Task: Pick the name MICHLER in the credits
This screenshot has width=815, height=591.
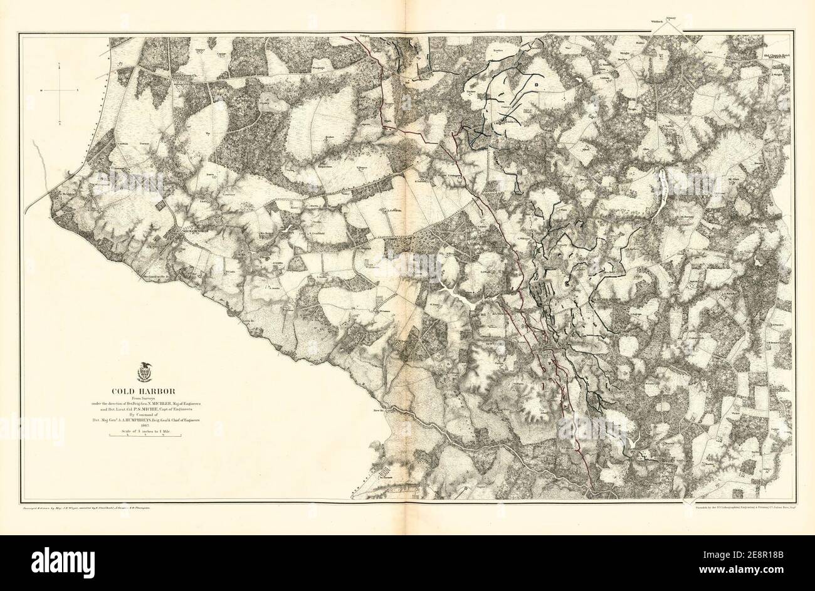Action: point(182,403)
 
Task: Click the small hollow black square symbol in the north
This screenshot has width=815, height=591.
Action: point(537,83)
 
